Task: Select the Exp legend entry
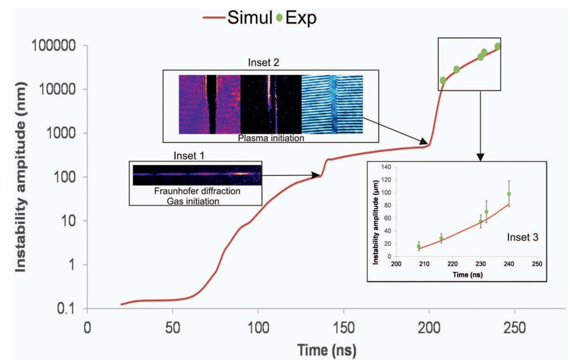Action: pos(298,18)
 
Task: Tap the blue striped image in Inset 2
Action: pos(332,105)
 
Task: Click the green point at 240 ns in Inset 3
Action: pos(509,194)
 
